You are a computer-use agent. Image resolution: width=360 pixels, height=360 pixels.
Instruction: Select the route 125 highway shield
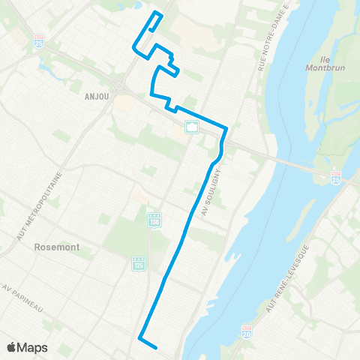[x=138, y=263]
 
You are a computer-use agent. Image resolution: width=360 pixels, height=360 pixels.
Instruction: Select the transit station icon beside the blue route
[x=192, y=126]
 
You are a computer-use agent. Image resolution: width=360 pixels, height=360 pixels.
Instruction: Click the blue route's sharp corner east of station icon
[x=226, y=129]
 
